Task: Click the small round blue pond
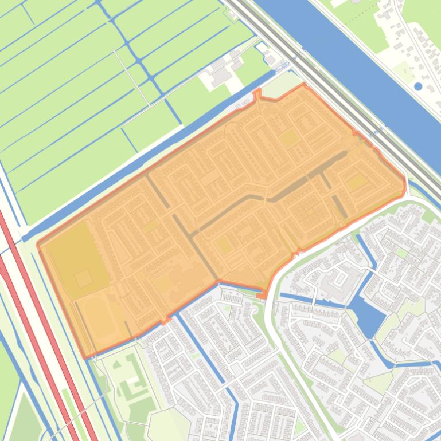pos(418,86)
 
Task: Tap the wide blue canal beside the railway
pos(356,63)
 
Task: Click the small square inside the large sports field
pos(83,278)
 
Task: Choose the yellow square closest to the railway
pos(357,183)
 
